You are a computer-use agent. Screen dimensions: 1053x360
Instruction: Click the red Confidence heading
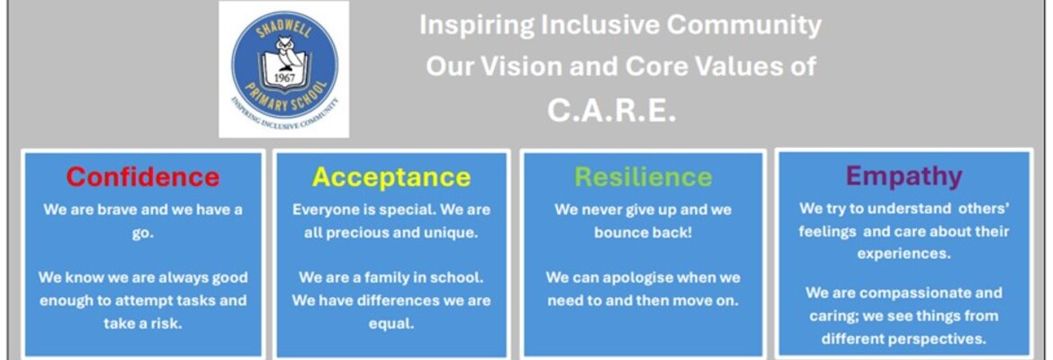[143, 176]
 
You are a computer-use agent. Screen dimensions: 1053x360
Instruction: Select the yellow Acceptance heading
[391, 176]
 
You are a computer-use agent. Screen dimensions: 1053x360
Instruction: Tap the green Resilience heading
[643, 176]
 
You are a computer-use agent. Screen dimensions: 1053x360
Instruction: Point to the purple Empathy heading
[904, 176]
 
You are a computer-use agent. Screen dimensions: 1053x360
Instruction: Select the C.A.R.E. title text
[611, 111]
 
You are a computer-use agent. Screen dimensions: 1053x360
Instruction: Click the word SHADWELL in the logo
[284, 24]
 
